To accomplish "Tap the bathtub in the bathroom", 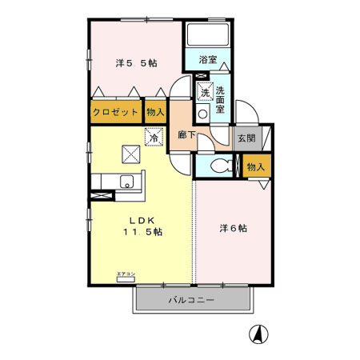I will [207, 35].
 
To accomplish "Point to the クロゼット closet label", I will [115, 112].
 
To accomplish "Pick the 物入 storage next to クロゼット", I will [155, 112].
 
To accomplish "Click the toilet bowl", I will [224, 166].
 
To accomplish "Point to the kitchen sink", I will [126, 182].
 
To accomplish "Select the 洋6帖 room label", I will [233, 228].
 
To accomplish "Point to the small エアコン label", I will [126, 274].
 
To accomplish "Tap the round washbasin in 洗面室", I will [202, 114].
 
